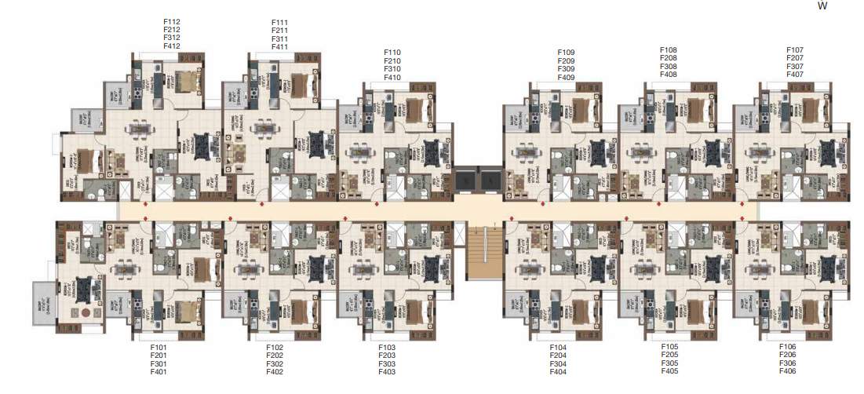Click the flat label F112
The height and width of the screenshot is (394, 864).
(171, 22)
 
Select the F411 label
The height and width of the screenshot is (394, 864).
(280, 47)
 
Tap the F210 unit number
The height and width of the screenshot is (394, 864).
(392, 60)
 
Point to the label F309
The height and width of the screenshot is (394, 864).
(566, 69)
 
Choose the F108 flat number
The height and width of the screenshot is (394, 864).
(669, 49)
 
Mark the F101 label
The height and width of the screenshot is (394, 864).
(159, 346)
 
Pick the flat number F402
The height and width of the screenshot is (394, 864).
(275, 372)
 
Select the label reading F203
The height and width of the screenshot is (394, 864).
(387, 355)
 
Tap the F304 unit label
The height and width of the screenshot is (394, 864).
(558, 363)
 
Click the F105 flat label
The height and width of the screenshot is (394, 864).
(669, 346)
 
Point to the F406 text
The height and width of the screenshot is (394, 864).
(788, 371)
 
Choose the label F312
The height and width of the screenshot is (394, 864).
(171, 38)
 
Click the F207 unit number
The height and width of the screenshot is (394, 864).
(795, 58)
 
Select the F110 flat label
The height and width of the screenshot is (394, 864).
(392, 52)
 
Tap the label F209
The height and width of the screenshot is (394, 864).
(566, 60)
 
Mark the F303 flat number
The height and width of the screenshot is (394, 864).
(387, 363)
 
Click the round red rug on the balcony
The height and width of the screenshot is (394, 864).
(86, 311)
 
